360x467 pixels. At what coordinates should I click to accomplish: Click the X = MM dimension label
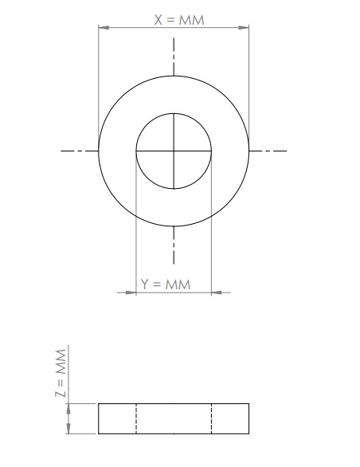[179, 19]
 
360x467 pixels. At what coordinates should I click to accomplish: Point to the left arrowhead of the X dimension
[102, 28]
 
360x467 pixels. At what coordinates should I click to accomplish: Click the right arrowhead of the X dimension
[245, 28]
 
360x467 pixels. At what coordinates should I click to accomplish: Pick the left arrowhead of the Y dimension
[131, 292]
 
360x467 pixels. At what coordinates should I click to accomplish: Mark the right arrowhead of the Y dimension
[216, 292]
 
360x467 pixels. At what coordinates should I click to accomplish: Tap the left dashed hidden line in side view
[136, 418]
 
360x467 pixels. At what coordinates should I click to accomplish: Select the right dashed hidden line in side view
[211, 418]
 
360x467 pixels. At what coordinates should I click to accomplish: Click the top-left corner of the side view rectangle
[99, 404]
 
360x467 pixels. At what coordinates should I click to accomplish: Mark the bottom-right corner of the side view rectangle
[248, 434]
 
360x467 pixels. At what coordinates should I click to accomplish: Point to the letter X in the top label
[158, 19]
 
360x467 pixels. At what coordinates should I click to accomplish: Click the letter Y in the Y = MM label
[145, 285]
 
